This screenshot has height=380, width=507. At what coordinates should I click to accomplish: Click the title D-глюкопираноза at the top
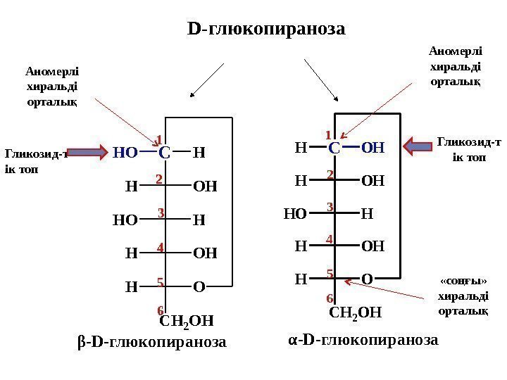tap(267, 29)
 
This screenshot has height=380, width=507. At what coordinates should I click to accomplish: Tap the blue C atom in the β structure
tap(165, 152)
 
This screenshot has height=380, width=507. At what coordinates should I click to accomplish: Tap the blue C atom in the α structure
tap(334, 148)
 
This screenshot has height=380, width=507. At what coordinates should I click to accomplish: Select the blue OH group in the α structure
tap(373, 148)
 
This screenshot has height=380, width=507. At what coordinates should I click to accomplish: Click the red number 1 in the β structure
tap(159, 139)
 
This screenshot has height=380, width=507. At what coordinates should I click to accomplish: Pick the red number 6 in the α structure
tap(330, 298)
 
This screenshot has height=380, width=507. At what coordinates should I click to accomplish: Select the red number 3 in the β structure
tap(161, 213)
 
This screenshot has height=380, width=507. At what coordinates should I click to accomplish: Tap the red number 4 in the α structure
tap(329, 240)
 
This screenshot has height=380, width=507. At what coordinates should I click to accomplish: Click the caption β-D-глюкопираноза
tap(151, 343)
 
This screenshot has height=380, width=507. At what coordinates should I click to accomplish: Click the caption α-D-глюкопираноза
tap(363, 340)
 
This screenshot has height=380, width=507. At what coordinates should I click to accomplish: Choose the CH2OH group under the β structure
tap(187, 322)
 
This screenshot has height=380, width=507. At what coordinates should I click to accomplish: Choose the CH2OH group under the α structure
tap(356, 312)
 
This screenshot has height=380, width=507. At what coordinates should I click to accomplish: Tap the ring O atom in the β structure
tap(201, 286)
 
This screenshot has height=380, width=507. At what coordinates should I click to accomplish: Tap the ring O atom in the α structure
tap(367, 279)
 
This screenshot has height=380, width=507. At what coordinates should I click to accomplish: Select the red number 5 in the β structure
tap(161, 282)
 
